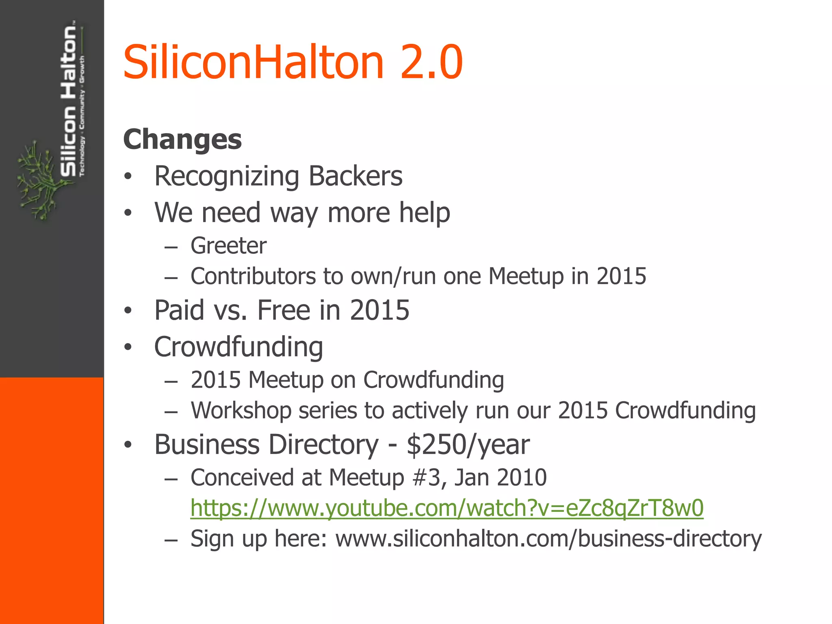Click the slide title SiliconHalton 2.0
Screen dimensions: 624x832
pos(292,62)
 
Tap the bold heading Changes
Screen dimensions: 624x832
pos(182,139)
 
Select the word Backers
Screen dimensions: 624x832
pos(355,176)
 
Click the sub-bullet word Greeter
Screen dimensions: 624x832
pos(228,246)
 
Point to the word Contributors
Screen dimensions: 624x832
pos(253,276)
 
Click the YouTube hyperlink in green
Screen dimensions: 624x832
pos(447,508)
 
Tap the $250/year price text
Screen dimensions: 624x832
pos(468,445)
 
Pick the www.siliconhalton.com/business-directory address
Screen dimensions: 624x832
pos(548,539)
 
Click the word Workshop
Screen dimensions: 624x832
pos(241,411)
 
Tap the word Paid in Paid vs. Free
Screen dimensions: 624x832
pos(179,310)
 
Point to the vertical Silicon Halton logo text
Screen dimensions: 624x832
pos(69,102)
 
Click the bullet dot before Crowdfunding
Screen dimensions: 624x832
pos(128,347)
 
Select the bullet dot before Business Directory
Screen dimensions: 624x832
pos(128,445)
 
